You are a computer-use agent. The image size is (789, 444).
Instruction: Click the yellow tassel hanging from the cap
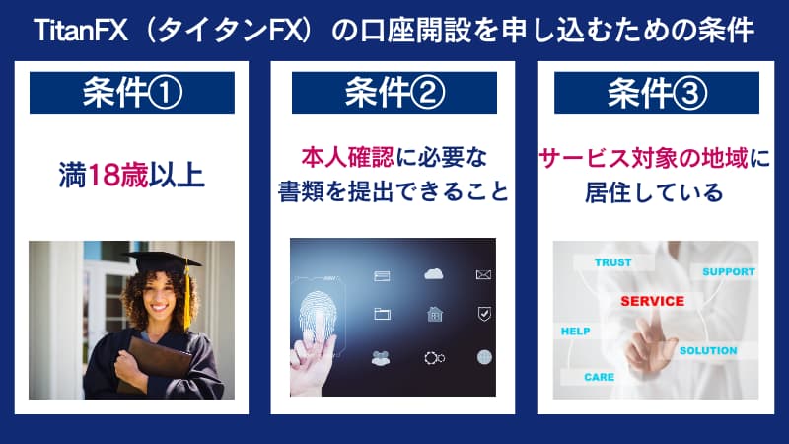[x=185, y=296]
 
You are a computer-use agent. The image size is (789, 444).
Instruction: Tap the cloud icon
[x=432, y=273]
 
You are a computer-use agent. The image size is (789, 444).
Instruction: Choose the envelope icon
[x=483, y=273]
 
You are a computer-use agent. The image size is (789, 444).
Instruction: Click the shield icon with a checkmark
[x=483, y=314]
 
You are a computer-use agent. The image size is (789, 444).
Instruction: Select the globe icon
[x=483, y=356]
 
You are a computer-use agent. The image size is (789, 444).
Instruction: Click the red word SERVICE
[x=652, y=301]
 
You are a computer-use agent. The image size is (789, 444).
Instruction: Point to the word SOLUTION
[x=707, y=350]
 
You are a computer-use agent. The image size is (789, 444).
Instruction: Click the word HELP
[x=574, y=331]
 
